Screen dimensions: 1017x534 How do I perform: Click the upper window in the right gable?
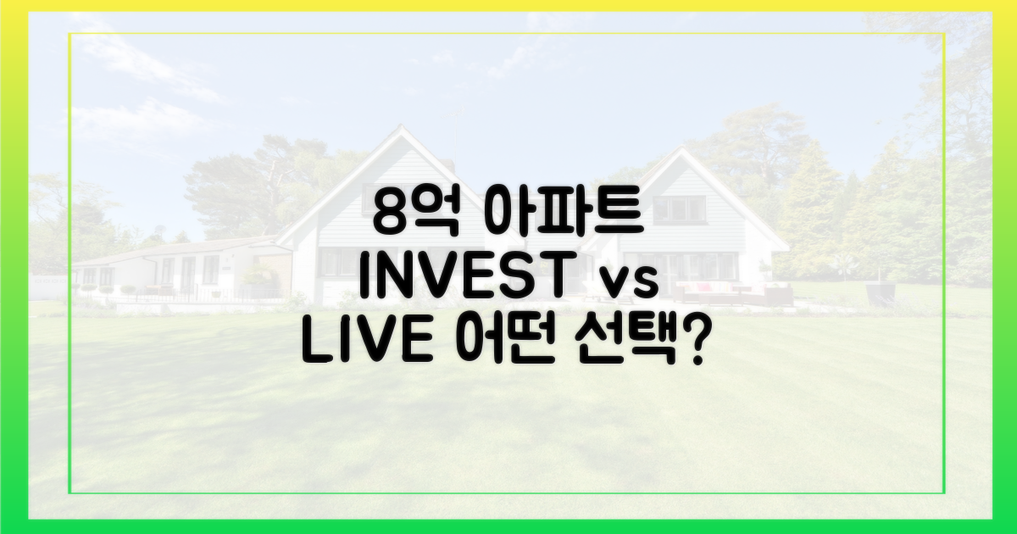(x=679, y=210)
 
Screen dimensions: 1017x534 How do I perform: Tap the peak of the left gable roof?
(x=400, y=126)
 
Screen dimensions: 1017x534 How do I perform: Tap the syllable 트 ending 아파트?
(x=622, y=213)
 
